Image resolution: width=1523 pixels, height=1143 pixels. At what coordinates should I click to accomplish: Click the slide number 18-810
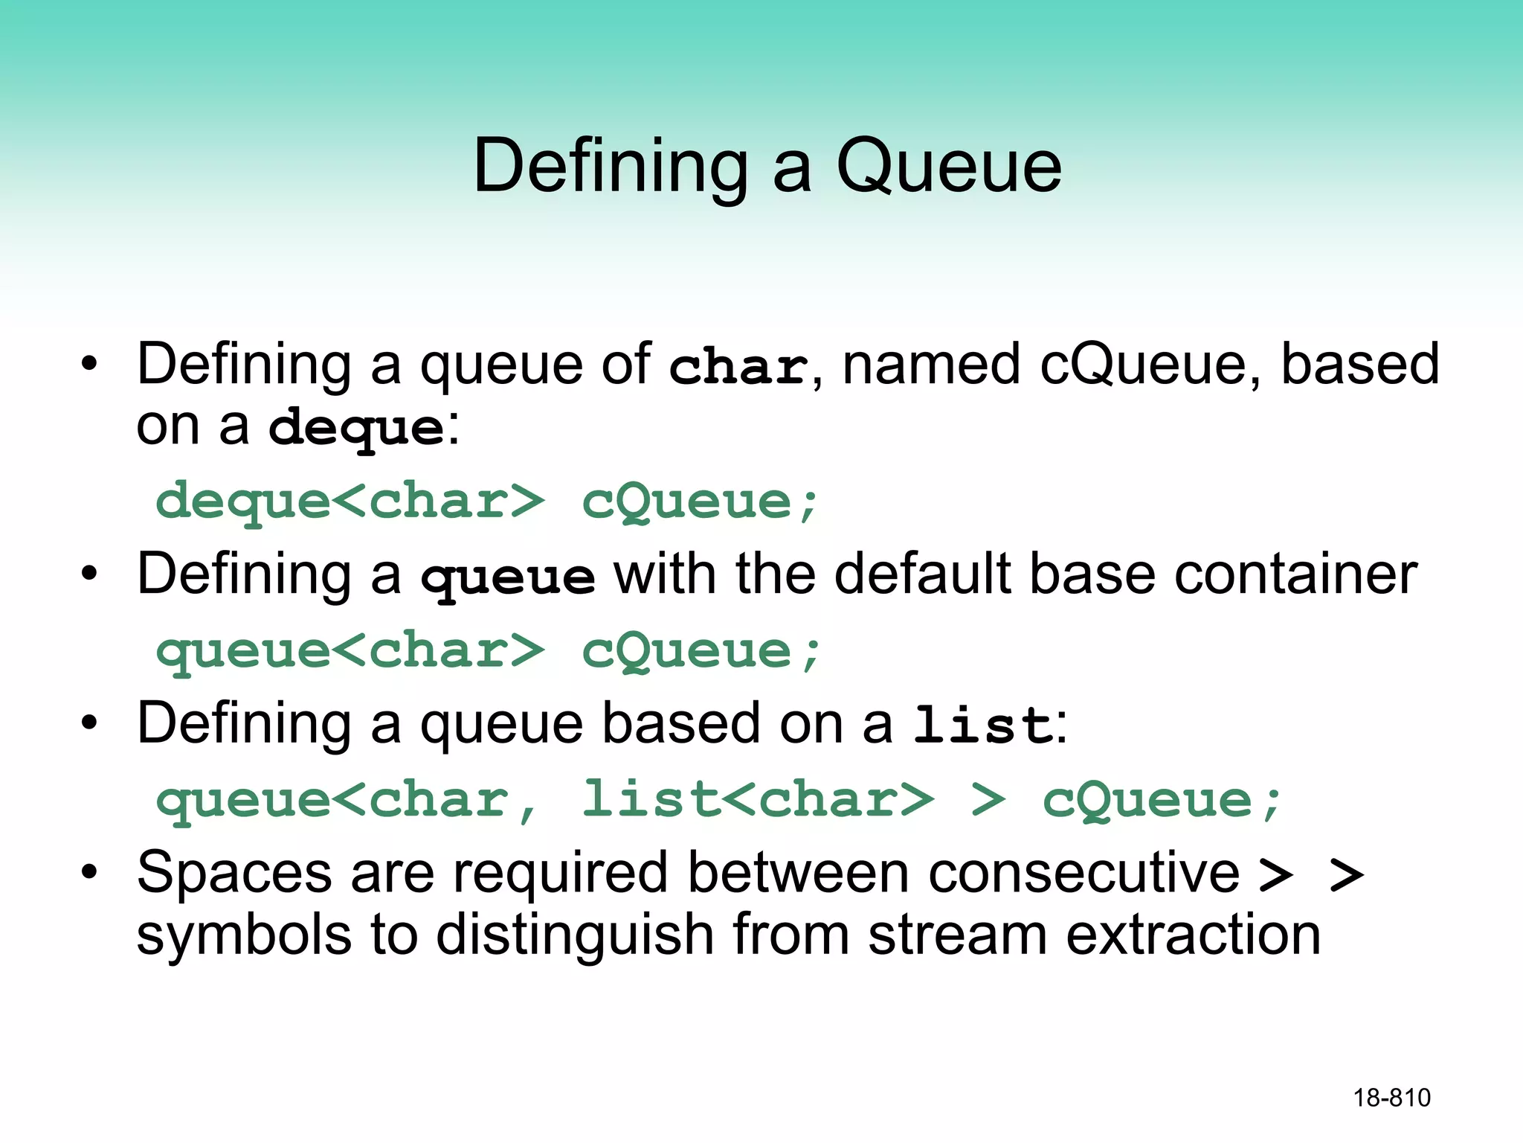(1391, 1098)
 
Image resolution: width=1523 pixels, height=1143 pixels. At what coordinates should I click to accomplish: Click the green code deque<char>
(350, 502)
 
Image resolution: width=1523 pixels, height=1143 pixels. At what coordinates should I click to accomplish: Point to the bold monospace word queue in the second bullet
(508, 577)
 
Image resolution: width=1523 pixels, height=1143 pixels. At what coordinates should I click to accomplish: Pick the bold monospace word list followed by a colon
(982, 726)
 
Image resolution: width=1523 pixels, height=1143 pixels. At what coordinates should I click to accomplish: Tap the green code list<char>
(757, 800)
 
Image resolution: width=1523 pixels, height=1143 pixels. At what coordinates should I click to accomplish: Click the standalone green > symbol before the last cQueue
(988, 801)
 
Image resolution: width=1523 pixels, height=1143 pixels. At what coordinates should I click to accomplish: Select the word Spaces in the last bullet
(234, 873)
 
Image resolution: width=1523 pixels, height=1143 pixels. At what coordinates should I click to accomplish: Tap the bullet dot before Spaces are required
(90, 872)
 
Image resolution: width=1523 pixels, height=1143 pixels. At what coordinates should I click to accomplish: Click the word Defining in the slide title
(610, 167)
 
